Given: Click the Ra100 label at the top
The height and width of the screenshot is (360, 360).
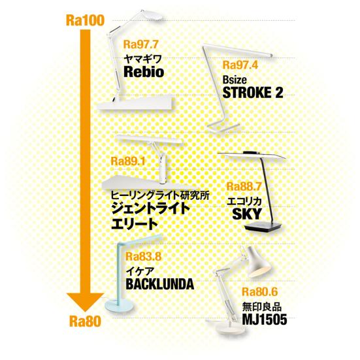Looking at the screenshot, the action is tap(85, 20).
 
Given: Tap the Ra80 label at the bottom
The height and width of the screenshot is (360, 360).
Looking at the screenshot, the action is tap(85, 321).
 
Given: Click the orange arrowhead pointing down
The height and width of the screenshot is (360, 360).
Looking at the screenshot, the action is tap(85, 302).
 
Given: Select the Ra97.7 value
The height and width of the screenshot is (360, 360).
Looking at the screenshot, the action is tap(141, 44).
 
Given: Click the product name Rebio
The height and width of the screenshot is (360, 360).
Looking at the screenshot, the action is tap(144, 72).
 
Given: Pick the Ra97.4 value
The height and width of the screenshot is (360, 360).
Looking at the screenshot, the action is tap(240, 65).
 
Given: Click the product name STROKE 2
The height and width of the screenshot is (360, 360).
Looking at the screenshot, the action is tap(253, 93).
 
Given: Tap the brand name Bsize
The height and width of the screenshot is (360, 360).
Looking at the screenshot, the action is tap(235, 80).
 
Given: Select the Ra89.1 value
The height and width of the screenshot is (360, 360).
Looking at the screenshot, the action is tap(128, 161).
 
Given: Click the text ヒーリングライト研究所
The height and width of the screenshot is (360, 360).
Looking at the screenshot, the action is tap(160, 195).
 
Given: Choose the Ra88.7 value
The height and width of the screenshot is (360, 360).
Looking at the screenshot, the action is tap(244, 186).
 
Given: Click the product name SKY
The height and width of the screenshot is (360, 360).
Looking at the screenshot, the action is tap(247, 214).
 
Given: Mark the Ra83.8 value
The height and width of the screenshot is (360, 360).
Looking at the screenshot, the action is tap(144, 257).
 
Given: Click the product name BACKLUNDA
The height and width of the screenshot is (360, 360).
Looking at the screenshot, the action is tap(160, 284).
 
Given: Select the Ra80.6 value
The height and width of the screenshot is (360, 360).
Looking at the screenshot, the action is tap(259, 291).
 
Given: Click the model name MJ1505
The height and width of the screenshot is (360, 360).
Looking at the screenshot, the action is tap(265, 319).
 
